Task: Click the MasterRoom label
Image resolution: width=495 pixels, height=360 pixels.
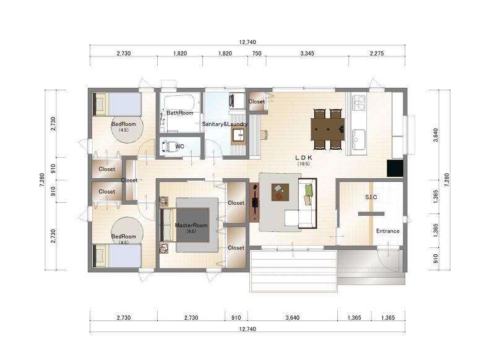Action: point(191,225)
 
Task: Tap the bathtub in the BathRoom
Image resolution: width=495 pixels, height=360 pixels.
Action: point(179,102)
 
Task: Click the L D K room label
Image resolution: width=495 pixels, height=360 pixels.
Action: point(303,158)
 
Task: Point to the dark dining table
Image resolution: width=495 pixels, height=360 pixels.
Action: point(328,129)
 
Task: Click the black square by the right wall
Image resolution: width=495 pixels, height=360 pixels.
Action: point(395,168)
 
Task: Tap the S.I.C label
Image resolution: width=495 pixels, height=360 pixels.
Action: point(371,197)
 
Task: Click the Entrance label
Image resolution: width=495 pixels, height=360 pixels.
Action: point(388,231)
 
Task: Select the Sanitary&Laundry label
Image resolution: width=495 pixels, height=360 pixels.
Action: point(225,124)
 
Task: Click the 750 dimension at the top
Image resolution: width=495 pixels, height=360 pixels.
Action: point(257,53)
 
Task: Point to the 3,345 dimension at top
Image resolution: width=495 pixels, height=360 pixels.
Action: point(307,53)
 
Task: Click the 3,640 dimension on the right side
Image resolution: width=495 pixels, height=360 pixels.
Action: point(436,135)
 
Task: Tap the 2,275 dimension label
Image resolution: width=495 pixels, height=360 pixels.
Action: point(377,53)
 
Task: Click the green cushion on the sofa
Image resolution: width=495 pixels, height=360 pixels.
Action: point(309,191)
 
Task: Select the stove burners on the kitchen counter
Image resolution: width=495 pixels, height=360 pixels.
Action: point(359,102)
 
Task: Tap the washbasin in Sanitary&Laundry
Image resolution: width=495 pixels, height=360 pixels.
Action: point(238,135)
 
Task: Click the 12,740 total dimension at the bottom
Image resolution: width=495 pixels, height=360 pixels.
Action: point(247,329)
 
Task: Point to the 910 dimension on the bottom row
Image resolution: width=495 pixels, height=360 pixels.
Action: point(236,318)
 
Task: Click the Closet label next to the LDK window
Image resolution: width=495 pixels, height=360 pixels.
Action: point(257,101)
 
